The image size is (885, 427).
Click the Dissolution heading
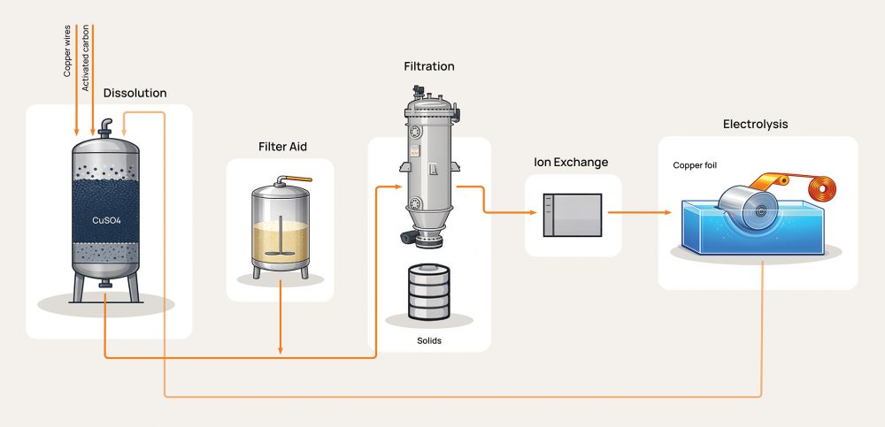pos(135,93)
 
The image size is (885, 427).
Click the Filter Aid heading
pos(282,146)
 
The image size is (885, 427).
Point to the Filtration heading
pos(428,66)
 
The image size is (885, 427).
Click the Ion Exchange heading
pos(571,163)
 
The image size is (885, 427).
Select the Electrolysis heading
pos(755,124)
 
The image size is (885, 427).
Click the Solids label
pos(428,340)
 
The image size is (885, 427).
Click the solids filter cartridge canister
pos(429,292)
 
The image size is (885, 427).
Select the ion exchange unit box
pos(572,215)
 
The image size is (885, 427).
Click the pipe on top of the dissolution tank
pos(105,126)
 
